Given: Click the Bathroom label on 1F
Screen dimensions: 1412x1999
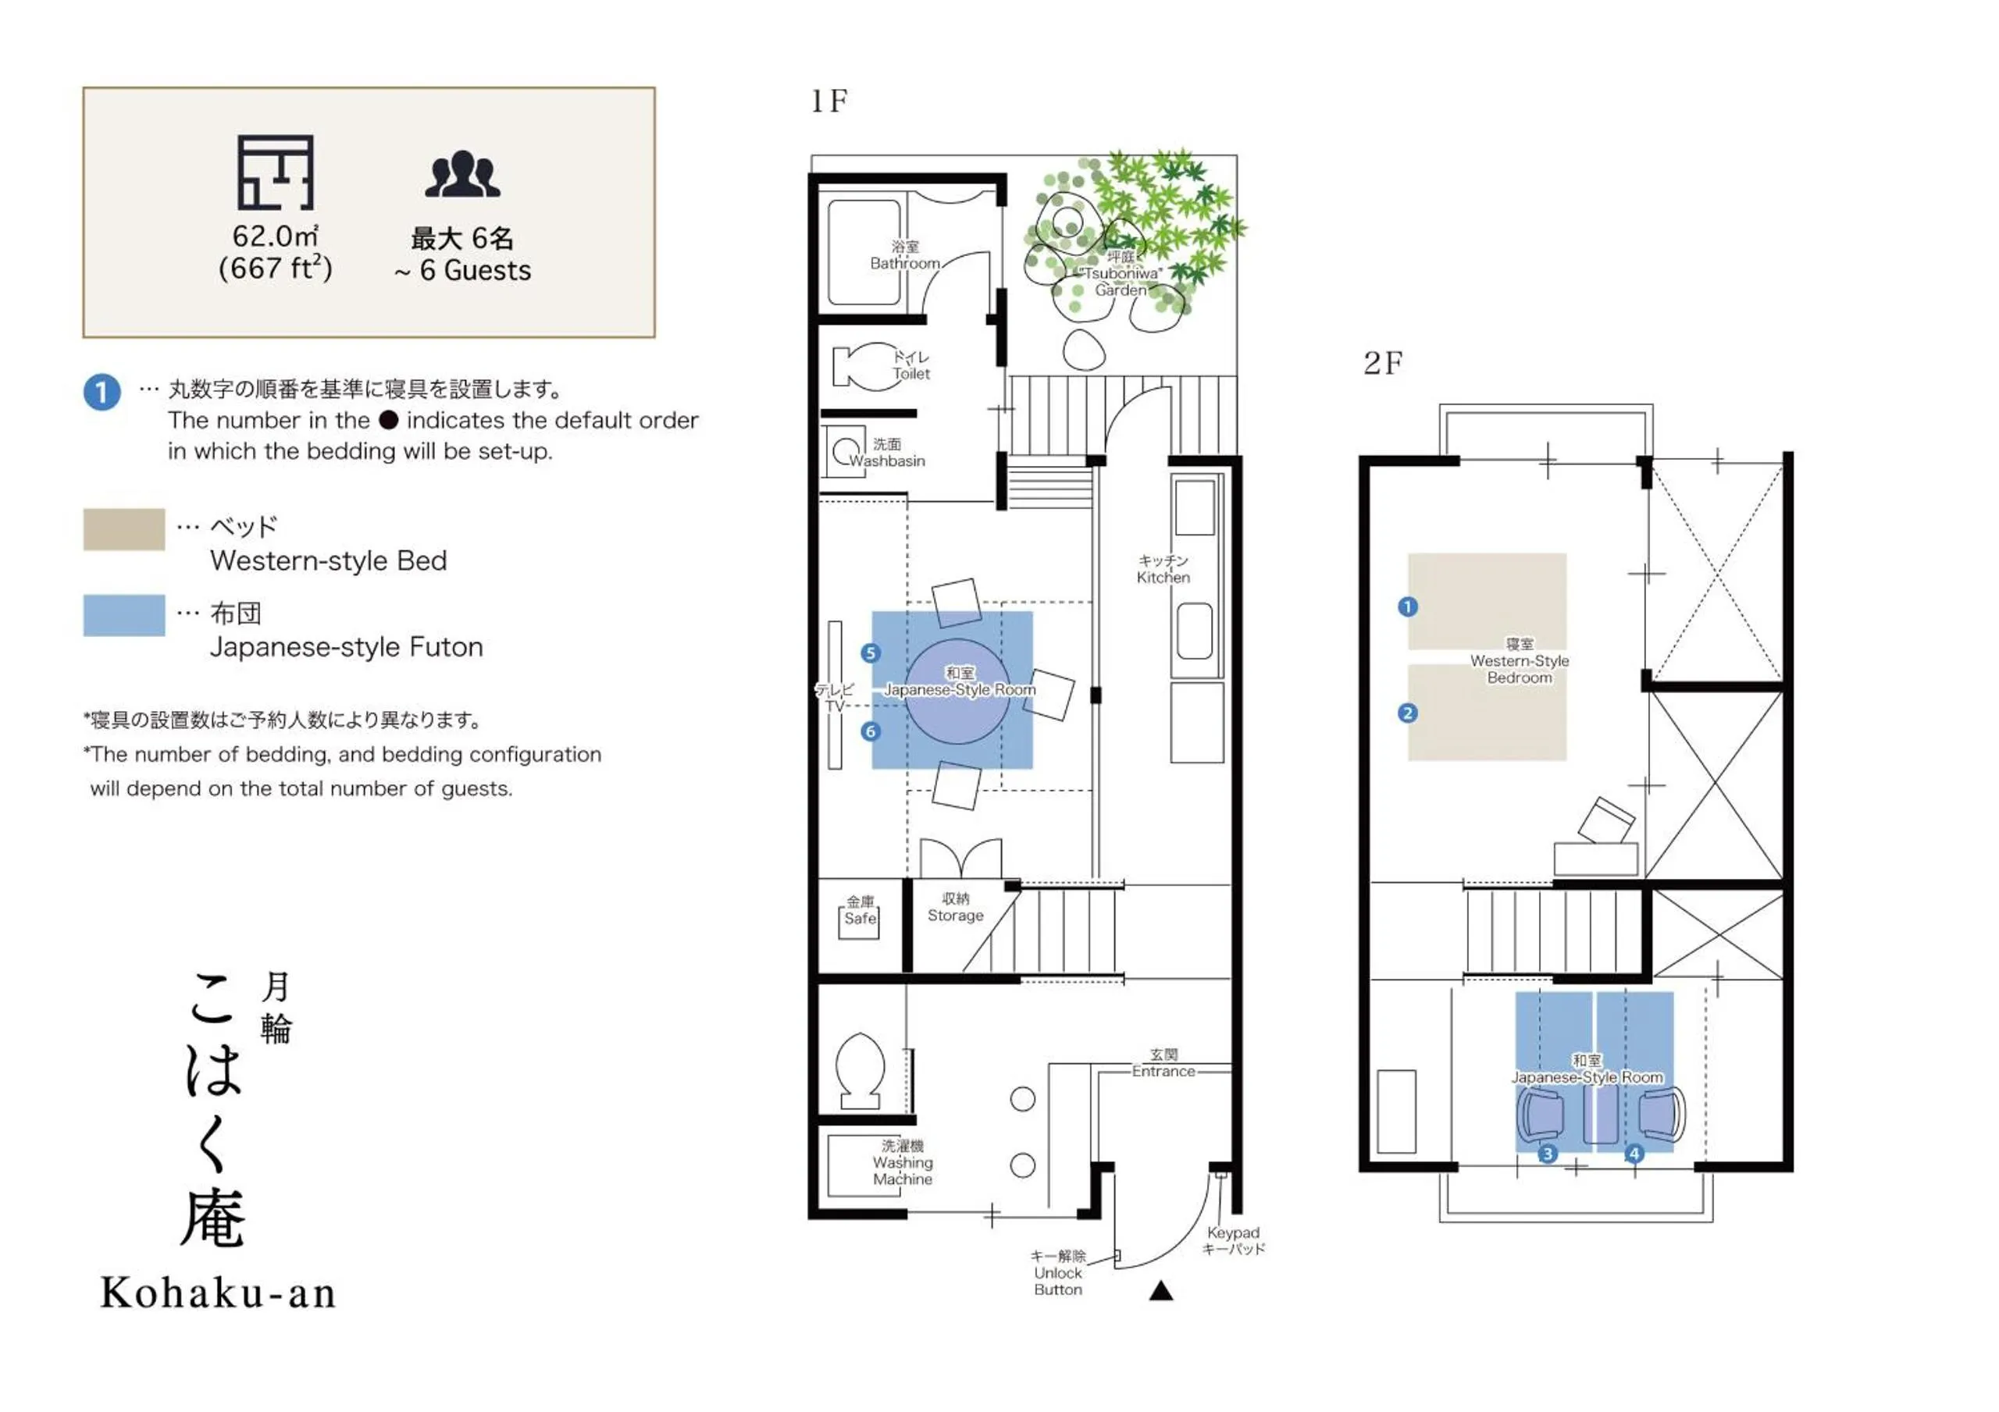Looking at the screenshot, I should coord(904,255).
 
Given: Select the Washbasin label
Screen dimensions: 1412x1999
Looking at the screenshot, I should coord(886,453).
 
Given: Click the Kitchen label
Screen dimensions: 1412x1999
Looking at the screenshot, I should coord(1163,569).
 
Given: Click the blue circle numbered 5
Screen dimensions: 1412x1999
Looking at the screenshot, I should coord(870,653).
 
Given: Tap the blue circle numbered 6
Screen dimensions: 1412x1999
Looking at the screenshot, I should coord(870,731).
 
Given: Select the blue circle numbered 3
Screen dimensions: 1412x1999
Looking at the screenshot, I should coord(1547,1154).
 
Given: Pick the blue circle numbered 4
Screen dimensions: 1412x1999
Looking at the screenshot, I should coord(1634,1154).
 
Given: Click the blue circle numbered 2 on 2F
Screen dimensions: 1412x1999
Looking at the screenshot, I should coord(1407,713).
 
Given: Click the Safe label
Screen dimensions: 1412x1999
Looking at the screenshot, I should coord(861,912).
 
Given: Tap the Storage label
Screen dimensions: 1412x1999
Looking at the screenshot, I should coord(955,907).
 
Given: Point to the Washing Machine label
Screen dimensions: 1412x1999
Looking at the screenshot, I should coord(903,1162).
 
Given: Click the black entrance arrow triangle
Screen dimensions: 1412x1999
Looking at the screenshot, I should coord(1160,1291).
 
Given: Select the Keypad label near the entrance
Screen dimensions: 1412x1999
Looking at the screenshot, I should coord(1233,1240).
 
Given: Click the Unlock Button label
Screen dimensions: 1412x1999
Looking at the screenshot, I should coord(1058,1273).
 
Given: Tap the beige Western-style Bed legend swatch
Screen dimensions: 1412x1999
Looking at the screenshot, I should coord(123,529).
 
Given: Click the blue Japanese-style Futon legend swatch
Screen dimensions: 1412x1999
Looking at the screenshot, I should coord(123,616).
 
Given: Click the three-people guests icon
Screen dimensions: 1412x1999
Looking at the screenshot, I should coord(462,174).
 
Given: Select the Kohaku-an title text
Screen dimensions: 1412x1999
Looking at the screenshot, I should coord(218,1293).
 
